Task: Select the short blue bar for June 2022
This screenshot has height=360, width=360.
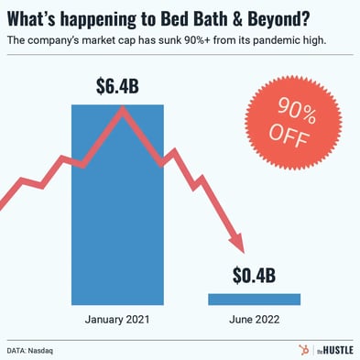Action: (254, 299)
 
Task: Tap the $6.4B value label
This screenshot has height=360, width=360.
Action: (118, 87)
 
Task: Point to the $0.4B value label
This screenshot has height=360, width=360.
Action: (254, 275)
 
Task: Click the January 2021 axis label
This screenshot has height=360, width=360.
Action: (117, 321)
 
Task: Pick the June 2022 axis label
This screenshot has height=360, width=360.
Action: (254, 321)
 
